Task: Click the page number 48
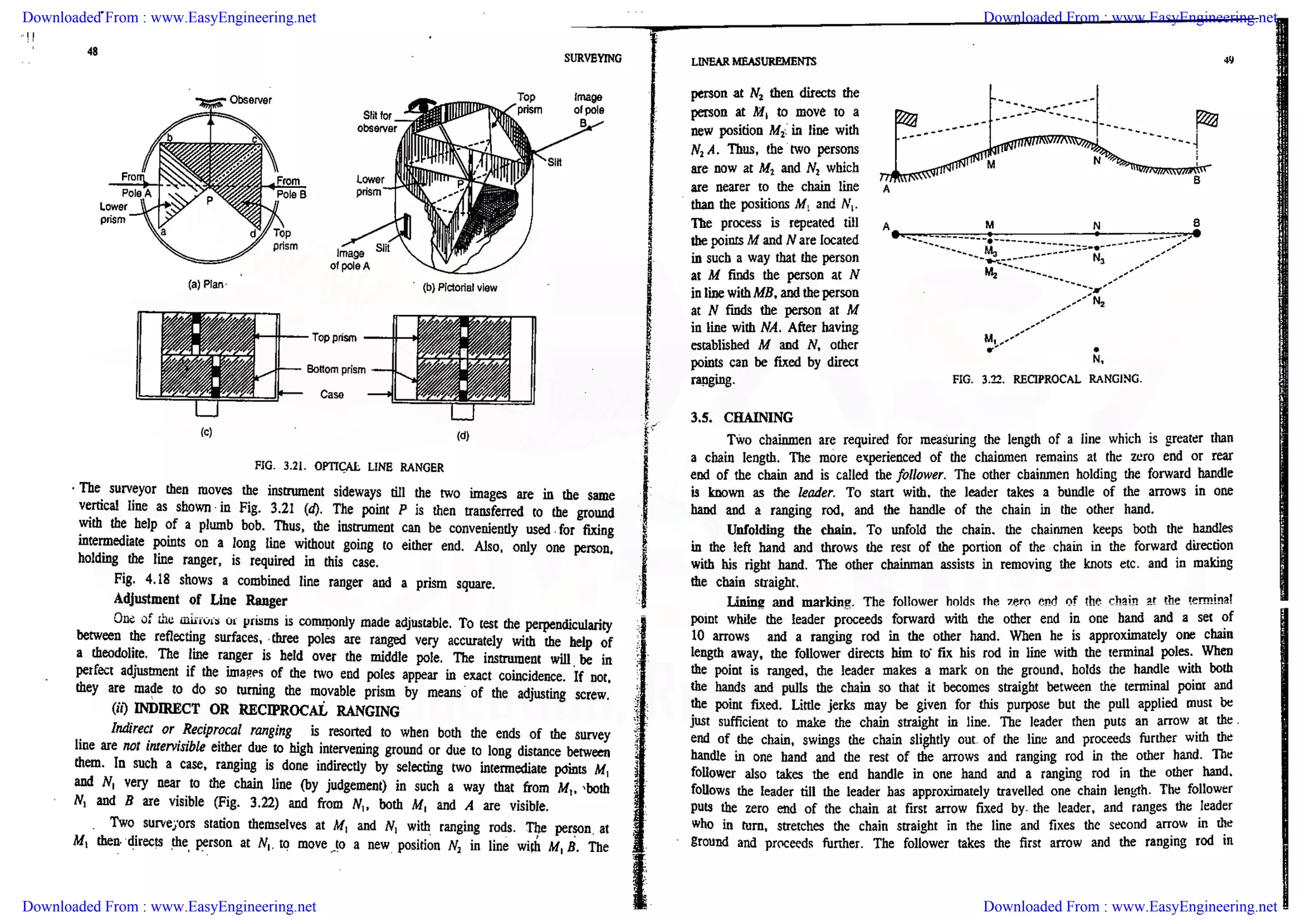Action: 93,51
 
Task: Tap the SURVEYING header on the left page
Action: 592,58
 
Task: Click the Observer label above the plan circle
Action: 250,100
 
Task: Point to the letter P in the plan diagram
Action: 209,201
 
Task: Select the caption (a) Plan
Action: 206,284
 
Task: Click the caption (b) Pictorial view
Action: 460,288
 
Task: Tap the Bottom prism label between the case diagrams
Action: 336,370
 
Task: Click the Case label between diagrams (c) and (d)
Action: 331,394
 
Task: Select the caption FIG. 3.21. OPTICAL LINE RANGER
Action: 348,467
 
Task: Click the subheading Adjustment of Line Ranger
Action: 200,600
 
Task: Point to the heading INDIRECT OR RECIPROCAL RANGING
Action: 267,710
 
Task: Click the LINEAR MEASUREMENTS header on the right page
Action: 753,62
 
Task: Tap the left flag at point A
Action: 906,118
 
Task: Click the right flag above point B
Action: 1207,119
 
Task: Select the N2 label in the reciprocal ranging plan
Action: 1099,302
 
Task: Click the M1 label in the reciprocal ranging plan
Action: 990,338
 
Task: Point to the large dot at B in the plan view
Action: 1197,234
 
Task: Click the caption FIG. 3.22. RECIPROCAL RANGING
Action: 1047,380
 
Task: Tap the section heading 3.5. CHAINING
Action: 741,417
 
